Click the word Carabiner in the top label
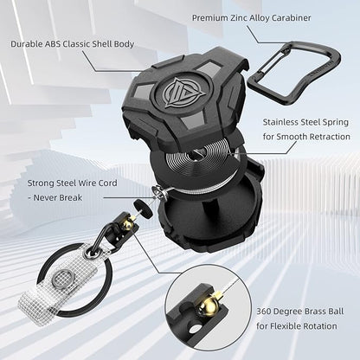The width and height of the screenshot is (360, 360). (290, 18)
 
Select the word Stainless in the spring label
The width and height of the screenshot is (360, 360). (280, 122)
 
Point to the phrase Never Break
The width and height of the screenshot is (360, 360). (58, 198)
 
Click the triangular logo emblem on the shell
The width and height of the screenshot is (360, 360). (176, 93)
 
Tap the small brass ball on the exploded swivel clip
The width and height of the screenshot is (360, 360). (126, 224)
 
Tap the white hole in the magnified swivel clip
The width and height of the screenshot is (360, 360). (196, 328)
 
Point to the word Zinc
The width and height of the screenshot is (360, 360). (238, 18)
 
